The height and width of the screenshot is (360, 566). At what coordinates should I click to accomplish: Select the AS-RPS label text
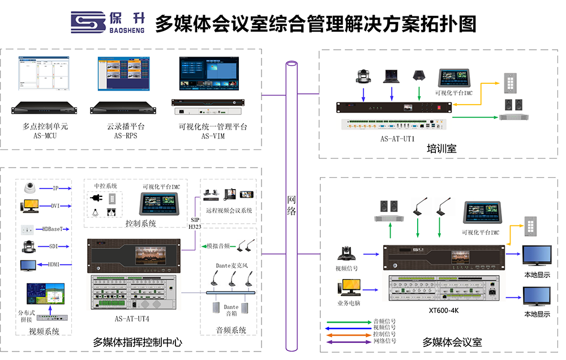pos(126,136)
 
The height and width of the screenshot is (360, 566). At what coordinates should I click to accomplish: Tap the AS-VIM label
pos(213,136)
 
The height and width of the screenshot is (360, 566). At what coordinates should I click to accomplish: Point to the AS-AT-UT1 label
pos(397,138)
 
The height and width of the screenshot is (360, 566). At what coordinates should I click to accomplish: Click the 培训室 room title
pos(441,149)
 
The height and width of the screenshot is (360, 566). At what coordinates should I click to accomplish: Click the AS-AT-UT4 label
pos(132,319)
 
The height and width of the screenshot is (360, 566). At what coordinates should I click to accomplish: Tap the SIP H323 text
pos(195,222)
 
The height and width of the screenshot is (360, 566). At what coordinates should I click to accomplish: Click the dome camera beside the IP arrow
pos(29,188)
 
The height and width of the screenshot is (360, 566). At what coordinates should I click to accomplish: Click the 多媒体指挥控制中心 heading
pos(138,342)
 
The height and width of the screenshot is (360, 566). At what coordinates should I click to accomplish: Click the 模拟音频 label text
pos(218,246)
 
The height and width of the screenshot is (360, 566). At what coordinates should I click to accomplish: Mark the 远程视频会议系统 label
pos(229,211)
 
